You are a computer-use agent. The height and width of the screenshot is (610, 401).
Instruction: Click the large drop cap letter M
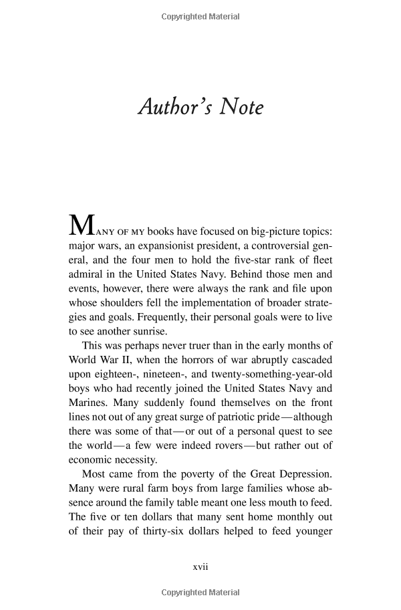(x=80, y=226)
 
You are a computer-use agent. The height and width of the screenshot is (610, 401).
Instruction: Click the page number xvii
(x=200, y=567)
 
